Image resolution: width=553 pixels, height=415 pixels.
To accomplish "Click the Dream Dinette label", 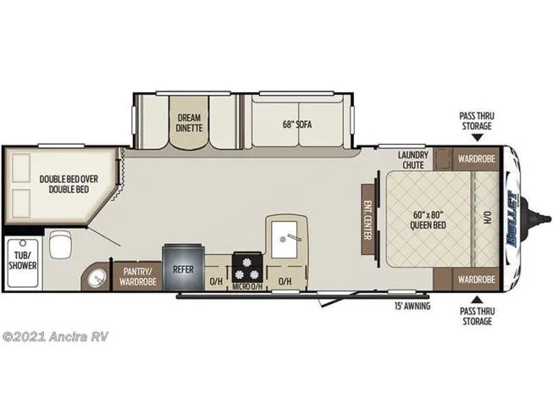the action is tap(189, 123).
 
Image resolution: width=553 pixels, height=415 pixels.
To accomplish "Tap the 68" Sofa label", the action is tap(297, 125).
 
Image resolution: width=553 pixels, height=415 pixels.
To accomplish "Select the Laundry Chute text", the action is tap(413, 160).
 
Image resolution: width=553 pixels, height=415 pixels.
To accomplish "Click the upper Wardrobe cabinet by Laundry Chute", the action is tap(476, 158).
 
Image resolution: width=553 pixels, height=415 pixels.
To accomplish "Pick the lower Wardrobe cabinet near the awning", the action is tap(476, 279).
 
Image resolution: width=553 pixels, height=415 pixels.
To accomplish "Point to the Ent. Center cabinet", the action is tap(368, 219).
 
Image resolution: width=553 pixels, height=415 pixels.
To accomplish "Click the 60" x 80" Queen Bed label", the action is tap(428, 219).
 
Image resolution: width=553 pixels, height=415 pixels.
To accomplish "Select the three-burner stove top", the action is tap(247, 268).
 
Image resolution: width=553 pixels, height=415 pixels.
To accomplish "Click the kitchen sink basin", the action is tap(285, 240).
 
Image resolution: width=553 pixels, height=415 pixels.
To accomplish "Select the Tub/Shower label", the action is tap(23, 260).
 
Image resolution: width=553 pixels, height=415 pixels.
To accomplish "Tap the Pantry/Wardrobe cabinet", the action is tap(137, 277).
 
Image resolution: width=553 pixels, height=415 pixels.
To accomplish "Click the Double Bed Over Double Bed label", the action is tap(69, 184).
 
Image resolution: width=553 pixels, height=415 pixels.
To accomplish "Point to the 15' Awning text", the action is tap(412, 306).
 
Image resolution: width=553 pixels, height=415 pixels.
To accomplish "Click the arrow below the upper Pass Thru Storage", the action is tap(477, 137).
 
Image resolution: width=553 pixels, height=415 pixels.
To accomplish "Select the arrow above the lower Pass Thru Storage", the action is tap(477, 300).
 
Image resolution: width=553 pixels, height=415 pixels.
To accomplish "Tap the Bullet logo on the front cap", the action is tap(511, 219).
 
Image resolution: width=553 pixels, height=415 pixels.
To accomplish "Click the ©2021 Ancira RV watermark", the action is tap(55, 337).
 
